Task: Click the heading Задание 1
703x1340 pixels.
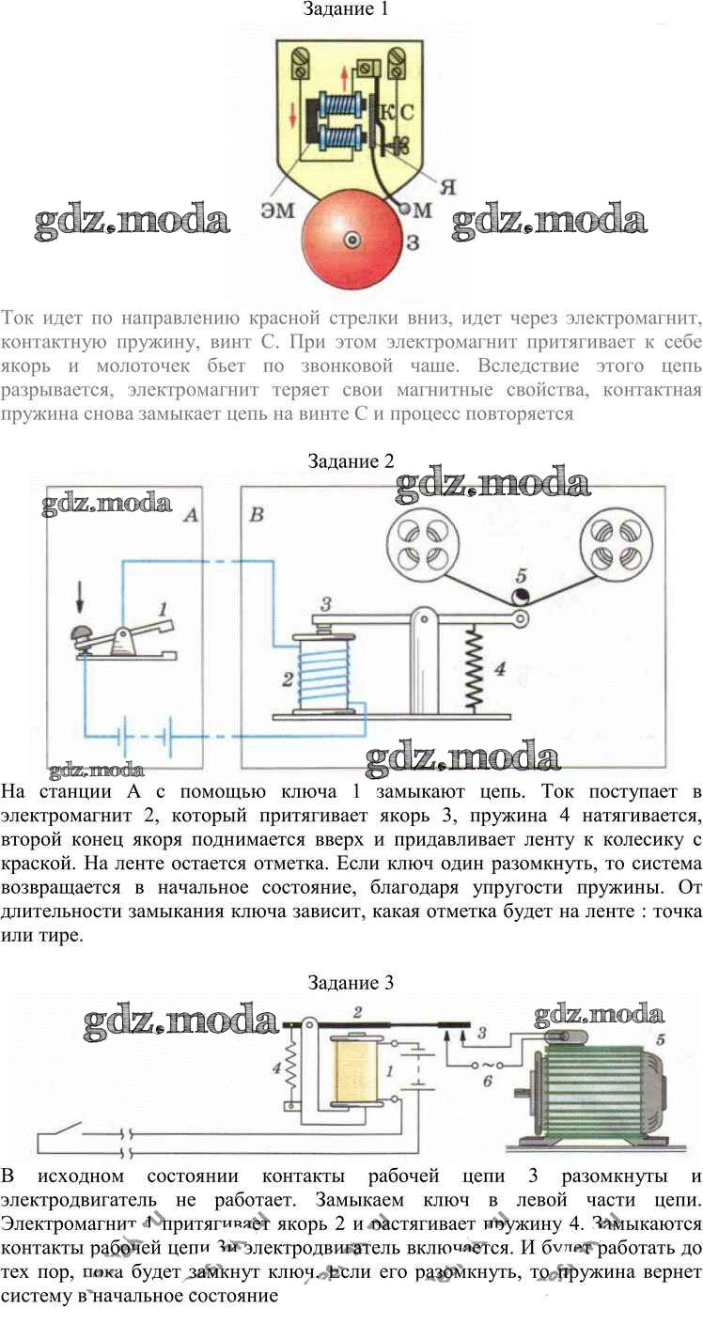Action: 345,9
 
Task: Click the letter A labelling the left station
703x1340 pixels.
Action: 190,515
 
